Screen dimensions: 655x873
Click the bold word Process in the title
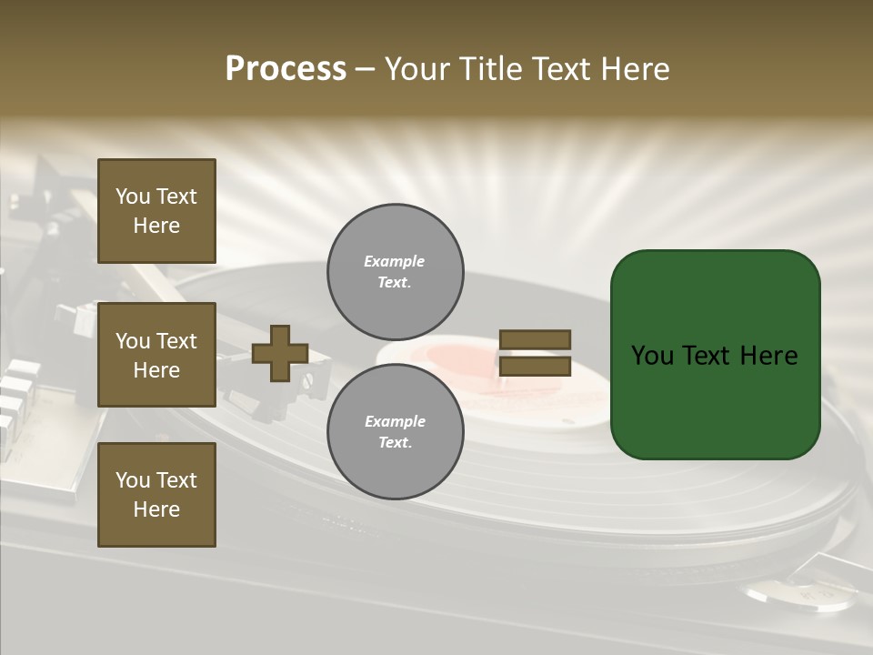[286, 69]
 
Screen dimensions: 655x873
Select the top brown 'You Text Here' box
[156, 211]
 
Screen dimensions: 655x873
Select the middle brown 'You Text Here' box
[156, 355]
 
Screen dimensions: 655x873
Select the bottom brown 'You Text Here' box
[156, 495]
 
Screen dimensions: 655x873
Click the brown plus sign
[280, 353]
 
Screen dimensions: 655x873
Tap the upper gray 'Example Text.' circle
[395, 272]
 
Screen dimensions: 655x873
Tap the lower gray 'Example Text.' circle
[395, 431]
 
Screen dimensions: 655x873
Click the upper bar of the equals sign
[535, 339]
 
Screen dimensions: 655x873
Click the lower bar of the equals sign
[535, 367]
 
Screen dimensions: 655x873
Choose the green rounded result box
[715, 355]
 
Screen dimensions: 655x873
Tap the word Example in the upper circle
[395, 261]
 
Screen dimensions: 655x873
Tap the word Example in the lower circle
[395, 421]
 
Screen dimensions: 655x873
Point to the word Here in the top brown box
[156, 226]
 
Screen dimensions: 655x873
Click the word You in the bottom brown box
[133, 480]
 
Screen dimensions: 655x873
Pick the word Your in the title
[418, 69]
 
